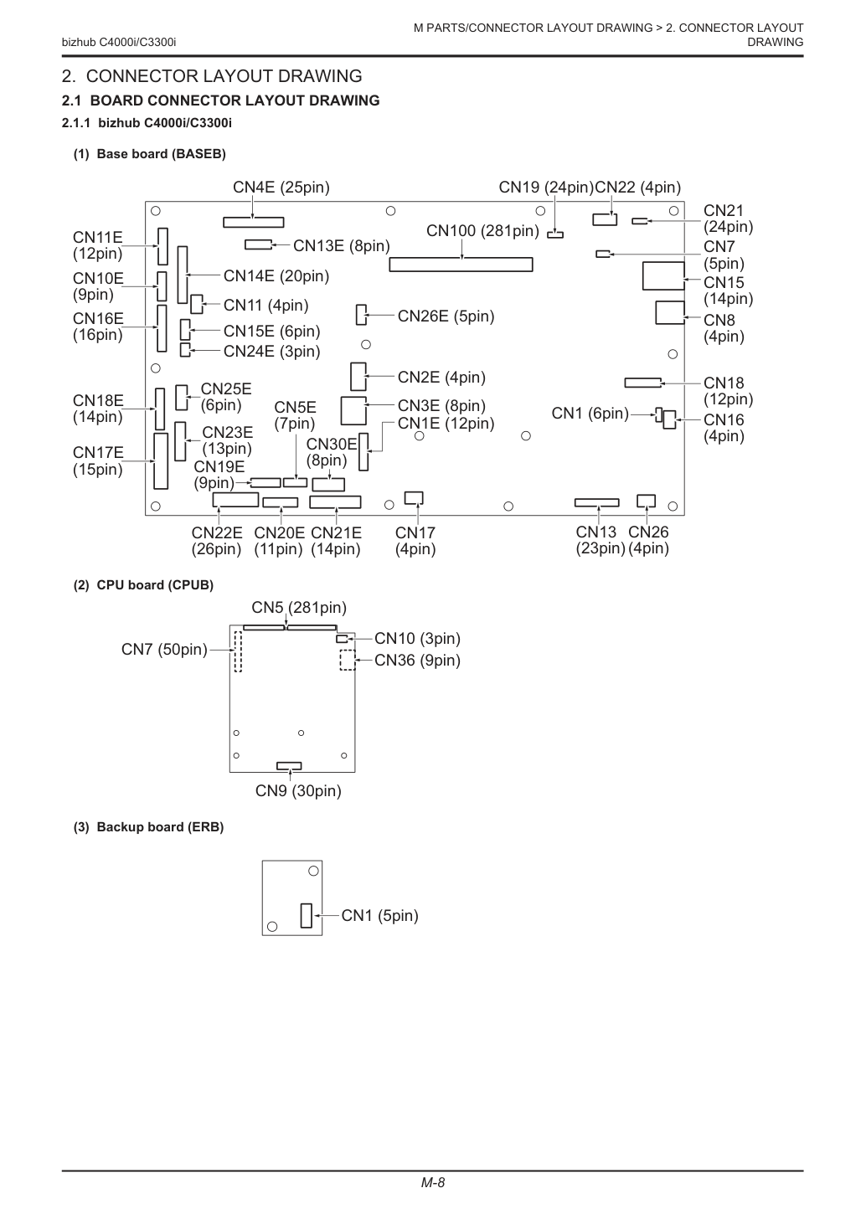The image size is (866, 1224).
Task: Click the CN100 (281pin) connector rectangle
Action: [461, 265]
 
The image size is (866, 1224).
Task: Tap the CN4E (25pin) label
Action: [281, 188]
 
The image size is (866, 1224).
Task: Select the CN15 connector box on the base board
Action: [663, 276]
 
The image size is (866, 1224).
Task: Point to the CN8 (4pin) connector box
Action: [670, 312]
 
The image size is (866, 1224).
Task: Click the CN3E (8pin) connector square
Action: [353, 411]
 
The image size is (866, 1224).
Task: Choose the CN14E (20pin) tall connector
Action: [183, 275]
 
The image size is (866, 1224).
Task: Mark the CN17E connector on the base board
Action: [161, 461]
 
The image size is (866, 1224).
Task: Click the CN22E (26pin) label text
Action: [216, 541]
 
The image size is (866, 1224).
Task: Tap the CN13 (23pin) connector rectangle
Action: [596, 502]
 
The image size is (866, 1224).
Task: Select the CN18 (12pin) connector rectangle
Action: [642, 383]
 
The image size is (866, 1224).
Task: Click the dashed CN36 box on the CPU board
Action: [348, 660]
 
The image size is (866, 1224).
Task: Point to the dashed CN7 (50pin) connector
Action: [238, 651]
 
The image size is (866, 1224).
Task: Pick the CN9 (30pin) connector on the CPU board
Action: [289, 765]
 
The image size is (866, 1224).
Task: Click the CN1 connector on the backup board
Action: [307, 915]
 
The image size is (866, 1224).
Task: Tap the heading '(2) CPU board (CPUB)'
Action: [143, 585]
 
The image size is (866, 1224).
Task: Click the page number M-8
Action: [432, 1183]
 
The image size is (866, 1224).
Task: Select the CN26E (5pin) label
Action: [446, 316]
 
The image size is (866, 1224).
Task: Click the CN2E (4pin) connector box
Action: [358, 377]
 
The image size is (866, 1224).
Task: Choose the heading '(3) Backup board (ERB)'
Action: [149, 827]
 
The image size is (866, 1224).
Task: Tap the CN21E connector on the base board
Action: [335, 502]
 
